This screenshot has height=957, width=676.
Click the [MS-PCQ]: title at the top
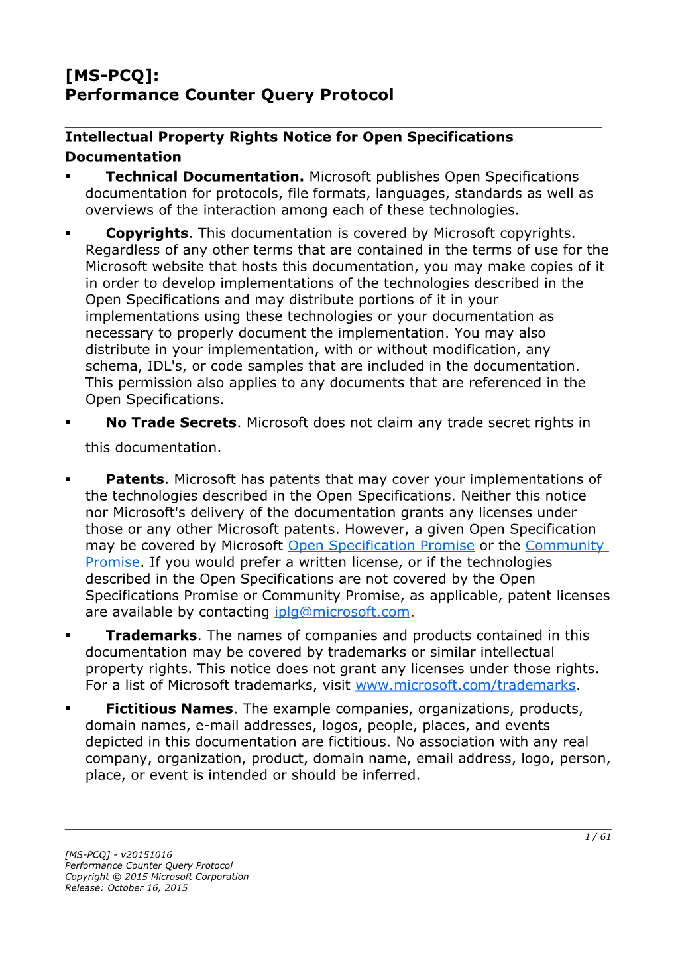[x=112, y=75]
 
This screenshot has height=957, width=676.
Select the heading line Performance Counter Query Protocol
[x=229, y=95]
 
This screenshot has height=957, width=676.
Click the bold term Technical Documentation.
[x=204, y=177]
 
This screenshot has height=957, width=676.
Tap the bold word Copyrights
[x=147, y=233]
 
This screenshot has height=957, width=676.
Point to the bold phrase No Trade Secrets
[x=171, y=423]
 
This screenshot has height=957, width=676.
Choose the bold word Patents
[x=135, y=479]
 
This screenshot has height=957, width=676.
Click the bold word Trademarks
[x=151, y=635]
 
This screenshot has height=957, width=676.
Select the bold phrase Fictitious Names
[x=169, y=709]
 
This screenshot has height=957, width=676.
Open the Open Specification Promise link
[x=381, y=546]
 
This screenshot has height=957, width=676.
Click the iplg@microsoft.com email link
[x=342, y=612]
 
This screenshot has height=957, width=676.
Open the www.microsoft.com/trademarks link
[x=465, y=685]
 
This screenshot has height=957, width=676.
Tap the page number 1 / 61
[x=598, y=837]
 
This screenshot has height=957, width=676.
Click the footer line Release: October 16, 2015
[x=126, y=888]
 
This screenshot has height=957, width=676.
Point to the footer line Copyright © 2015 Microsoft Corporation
[x=156, y=877]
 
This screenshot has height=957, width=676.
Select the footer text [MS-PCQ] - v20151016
[x=119, y=855]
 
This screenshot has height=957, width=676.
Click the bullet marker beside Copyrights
[x=68, y=233]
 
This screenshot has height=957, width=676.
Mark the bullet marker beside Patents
[x=68, y=479]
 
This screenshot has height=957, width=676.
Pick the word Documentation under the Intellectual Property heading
[x=123, y=157]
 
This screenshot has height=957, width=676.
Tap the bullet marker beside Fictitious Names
[x=68, y=709]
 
